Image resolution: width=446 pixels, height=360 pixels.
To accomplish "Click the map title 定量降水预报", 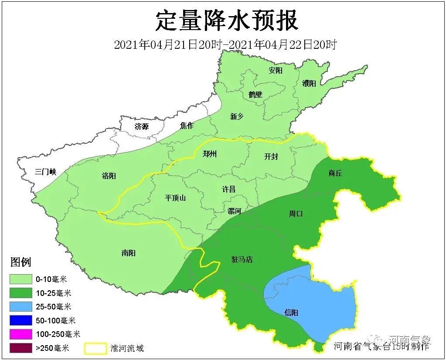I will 227,20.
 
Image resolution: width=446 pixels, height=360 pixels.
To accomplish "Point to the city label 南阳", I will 129,253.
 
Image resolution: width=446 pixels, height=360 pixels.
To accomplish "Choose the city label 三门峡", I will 46,172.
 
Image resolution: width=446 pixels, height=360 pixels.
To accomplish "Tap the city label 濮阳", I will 309,83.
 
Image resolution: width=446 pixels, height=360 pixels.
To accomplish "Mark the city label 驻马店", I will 242,259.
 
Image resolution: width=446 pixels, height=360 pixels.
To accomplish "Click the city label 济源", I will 142,127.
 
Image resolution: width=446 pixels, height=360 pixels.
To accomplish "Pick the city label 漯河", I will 234,211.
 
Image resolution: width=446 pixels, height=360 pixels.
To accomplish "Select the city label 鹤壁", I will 255,94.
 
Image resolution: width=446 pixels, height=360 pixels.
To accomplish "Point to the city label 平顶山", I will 175,198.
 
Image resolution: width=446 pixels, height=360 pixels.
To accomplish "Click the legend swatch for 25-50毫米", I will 21,306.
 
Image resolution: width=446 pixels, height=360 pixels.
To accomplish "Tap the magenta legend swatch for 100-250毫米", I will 21,334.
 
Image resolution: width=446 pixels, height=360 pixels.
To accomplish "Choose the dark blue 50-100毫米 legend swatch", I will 21,320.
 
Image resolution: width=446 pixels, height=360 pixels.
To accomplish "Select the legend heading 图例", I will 20,262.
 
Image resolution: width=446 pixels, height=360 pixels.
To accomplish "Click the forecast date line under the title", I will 225,44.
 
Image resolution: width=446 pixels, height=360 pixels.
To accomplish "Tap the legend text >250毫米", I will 53,348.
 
